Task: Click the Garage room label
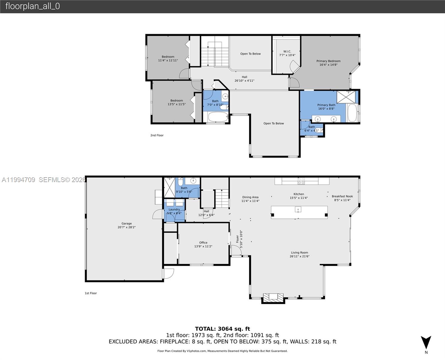coord(127,225)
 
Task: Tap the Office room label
coord(203,244)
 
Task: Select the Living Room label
coord(299,254)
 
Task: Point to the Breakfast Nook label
coord(342,198)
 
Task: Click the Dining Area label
coord(250,199)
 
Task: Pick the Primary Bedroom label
coord(328,63)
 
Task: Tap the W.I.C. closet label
coord(287,53)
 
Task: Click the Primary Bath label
coord(326,107)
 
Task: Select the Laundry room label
coord(174,211)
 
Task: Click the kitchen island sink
coord(298,209)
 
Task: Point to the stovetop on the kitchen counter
coord(301,181)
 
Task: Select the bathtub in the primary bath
coord(352,113)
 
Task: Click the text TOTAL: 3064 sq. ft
coord(222,329)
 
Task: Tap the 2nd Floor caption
coord(157,135)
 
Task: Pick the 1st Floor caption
coord(91,293)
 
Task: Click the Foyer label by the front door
coord(239,239)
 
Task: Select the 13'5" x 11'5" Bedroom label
coord(177,102)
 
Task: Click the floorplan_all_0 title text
coord(32,6)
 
